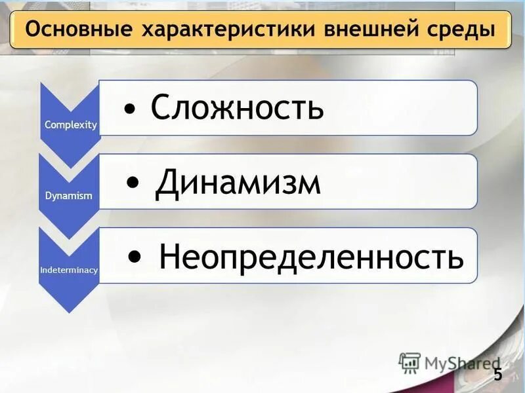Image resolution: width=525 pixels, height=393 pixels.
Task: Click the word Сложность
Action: pyautogui.click(x=237, y=107)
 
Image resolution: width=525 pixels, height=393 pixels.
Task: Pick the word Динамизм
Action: pyautogui.click(x=238, y=184)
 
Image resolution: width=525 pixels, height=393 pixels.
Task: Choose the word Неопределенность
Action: pyautogui.click(x=311, y=257)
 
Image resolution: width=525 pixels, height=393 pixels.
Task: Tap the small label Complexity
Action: pyautogui.click(x=70, y=124)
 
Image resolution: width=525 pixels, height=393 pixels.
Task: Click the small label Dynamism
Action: pyautogui.click(x=69, y=196)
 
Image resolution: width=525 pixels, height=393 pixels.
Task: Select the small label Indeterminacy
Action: pyautogui.click(x=69, y=270)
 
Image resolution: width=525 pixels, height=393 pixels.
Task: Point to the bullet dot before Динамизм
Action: pyautogui.click(x=134, y=185)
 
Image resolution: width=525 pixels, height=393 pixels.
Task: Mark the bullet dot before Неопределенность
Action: pyautogui.click(x=135, y=257)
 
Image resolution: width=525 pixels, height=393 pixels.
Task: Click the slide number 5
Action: pyautogui.click(x=497, y=375)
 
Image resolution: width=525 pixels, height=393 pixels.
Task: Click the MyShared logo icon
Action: pyautogui.click(x=409, y=362)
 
